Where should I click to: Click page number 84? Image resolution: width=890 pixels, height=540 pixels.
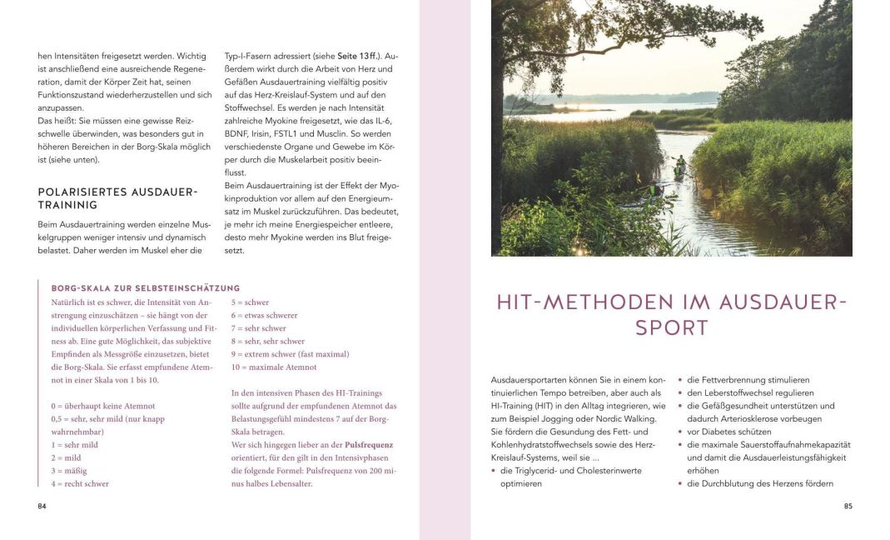(42, 506)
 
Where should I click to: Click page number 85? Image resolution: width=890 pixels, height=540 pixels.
(848, 506)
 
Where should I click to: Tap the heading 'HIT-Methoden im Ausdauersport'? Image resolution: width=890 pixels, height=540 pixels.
(671, 314)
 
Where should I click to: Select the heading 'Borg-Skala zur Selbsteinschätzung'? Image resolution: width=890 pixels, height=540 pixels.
(146, 288)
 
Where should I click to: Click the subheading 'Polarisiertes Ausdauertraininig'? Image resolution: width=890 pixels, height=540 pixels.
(117, 198)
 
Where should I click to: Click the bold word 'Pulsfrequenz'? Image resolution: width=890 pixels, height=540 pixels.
(369, 445)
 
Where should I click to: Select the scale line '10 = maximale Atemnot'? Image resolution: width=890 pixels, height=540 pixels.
(274, 367)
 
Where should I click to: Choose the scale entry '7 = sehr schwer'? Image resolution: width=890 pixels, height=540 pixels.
(258, 328)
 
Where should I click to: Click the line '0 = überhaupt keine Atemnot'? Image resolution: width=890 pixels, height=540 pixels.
(102, 406)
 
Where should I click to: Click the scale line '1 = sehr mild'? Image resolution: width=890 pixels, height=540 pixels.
(74, 445)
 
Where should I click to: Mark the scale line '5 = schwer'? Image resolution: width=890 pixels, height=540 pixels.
(250, 302)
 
